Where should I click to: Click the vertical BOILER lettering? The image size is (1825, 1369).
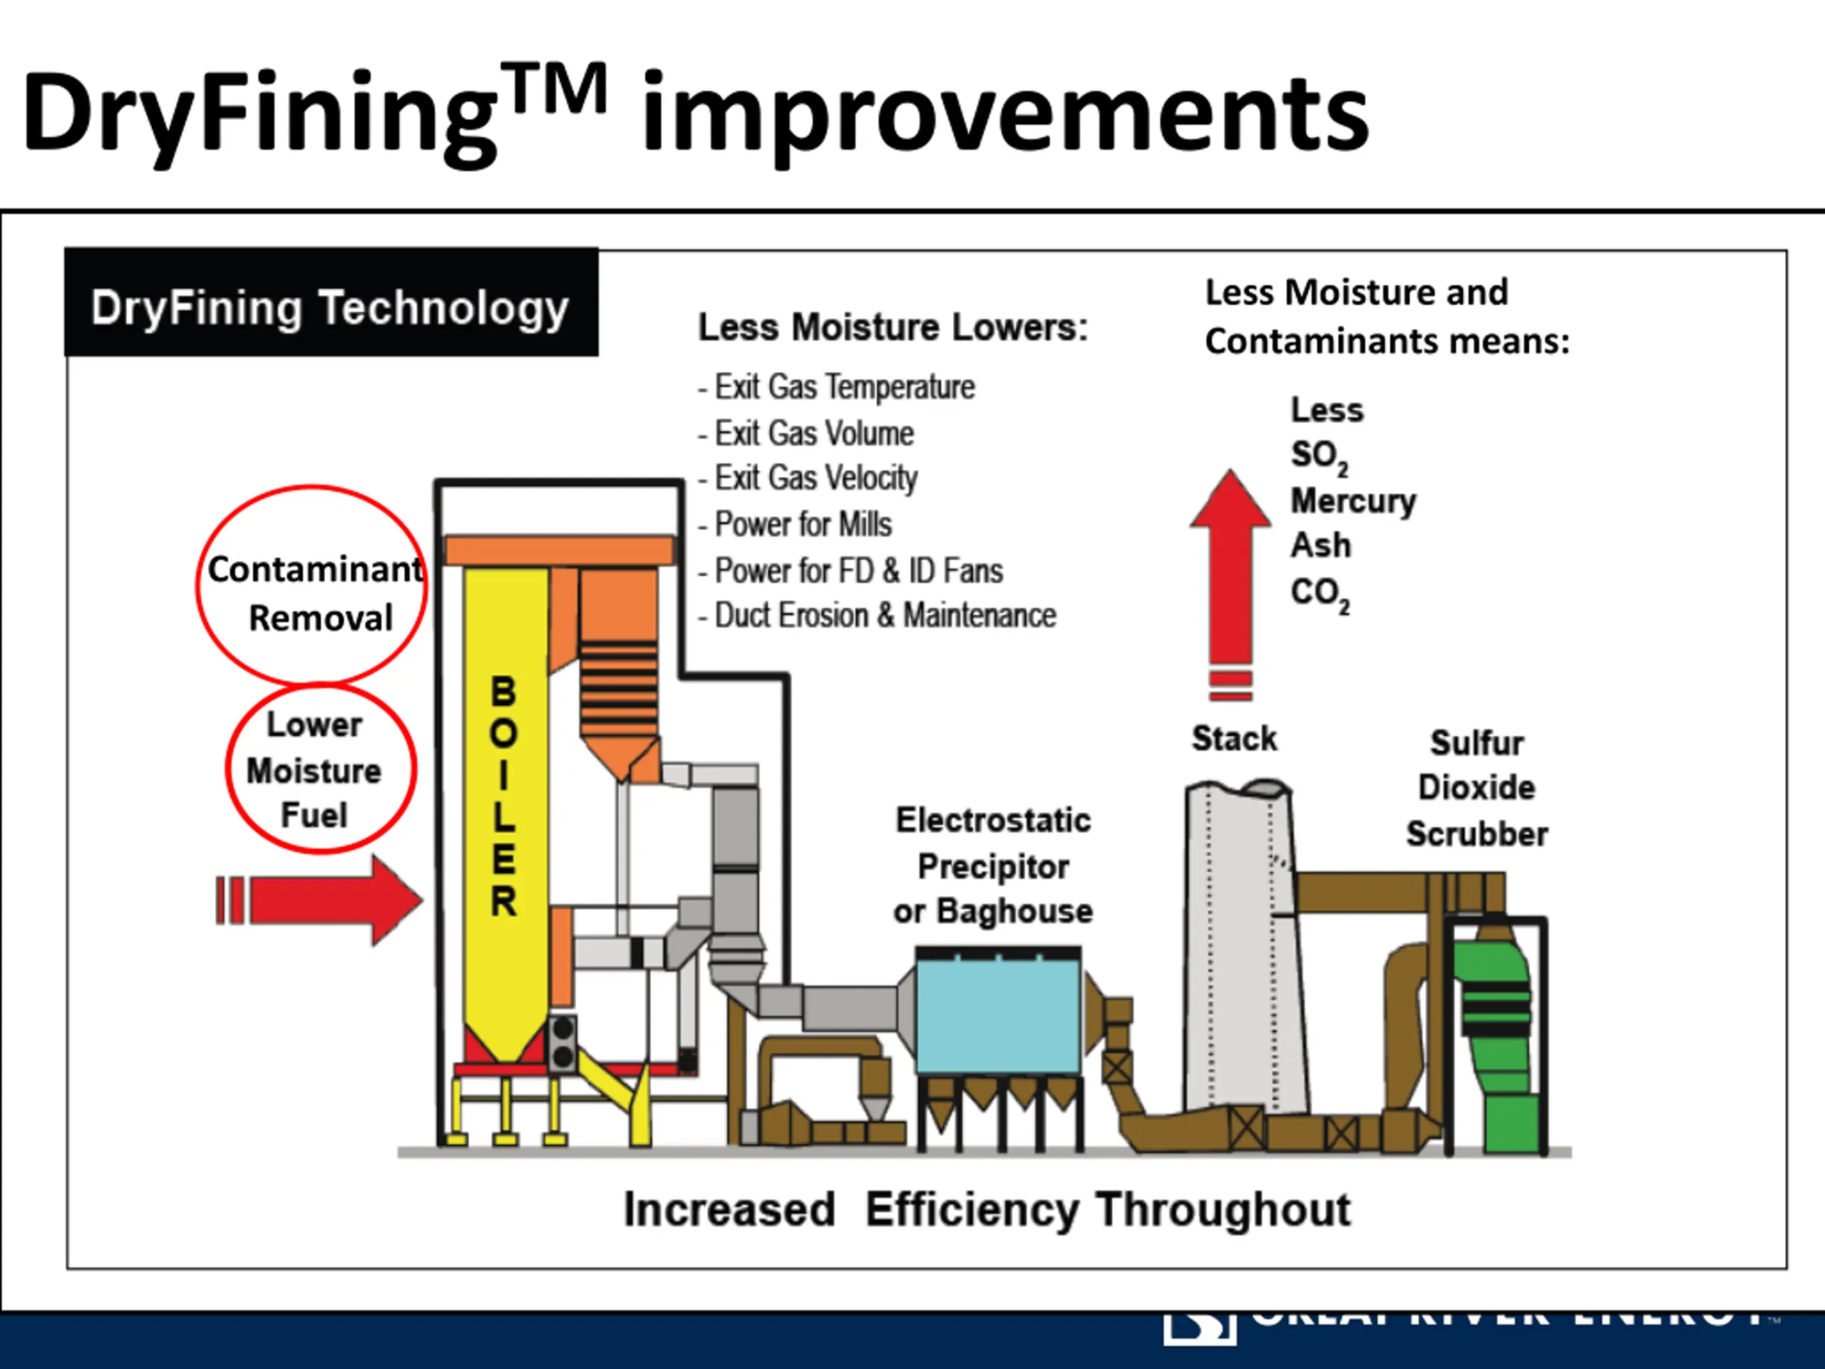[504, 796]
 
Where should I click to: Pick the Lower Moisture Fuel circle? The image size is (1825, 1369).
[320, 769]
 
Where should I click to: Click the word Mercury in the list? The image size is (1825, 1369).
[1353, 500]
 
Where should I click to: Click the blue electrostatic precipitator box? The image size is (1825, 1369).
[998, 1015]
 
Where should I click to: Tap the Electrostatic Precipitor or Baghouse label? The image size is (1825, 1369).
[992, 866]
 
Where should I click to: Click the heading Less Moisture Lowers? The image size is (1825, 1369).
[893, 327]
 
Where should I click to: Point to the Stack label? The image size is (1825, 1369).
[1233, 738]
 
